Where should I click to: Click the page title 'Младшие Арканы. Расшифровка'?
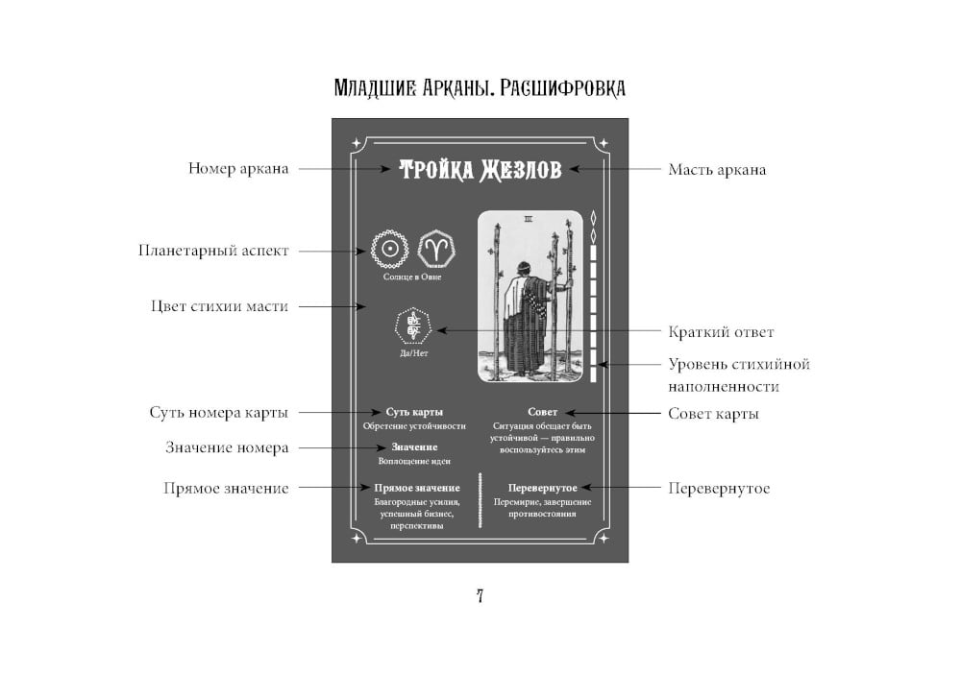[x=479, y=88]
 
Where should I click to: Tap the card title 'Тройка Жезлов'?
[x=480, y=170]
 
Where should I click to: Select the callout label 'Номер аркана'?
[x=238, y=169]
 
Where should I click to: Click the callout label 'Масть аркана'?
[x=717, y=170]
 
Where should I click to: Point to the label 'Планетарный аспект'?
[x=213, y=251]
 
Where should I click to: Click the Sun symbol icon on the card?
[x=390, y=249]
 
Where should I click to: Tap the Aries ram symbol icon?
[x=436, y=249]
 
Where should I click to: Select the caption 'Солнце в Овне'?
[x=413, y=277]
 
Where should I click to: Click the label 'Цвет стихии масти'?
[x=219, y=306]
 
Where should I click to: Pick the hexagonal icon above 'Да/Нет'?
[x=413, y=326]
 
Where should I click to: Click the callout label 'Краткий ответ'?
[x=721, y=332]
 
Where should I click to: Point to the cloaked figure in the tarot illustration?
[x=527, y=312]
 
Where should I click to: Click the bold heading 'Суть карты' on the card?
[x=414, y=412]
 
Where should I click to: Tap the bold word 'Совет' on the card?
[x=543, y=412]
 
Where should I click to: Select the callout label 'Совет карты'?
[x=713, y=414]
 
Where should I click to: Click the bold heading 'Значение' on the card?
[x=414, y=446]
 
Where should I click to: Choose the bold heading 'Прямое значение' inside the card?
[x=417, y=488]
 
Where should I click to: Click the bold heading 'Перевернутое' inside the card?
[x=543, y=488]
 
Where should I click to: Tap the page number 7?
[x=480, y=595]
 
